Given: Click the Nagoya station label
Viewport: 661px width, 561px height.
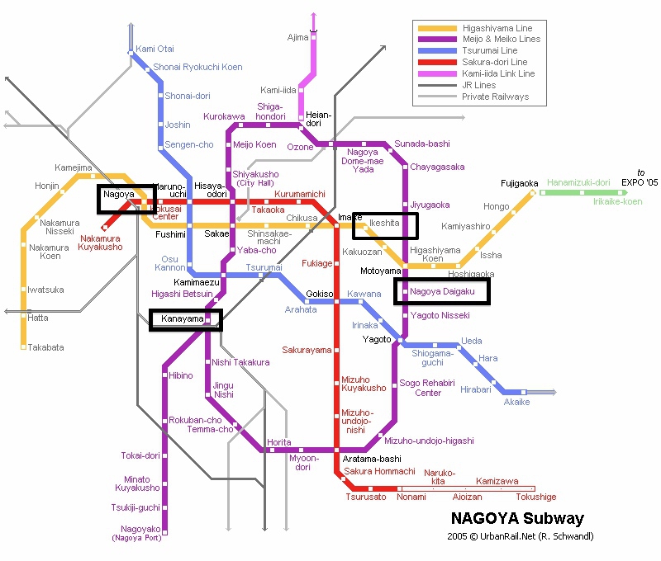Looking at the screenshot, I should (x=119, y=195).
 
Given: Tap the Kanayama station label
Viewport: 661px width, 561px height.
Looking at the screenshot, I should (x=177, y=318).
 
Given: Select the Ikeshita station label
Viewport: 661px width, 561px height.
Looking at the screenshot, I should (x=384, y=223).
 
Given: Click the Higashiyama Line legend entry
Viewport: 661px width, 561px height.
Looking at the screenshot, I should (x=496, y=29).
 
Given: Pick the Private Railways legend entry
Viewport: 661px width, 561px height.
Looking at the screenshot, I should (x=495, y=97).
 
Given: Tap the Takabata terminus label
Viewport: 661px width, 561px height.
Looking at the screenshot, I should (x=45, y=347).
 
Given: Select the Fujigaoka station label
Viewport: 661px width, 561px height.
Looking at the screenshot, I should (x=519, y=183).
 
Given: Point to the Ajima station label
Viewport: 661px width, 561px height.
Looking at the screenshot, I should (x=297, y=37).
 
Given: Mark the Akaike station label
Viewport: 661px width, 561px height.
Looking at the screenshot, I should (x=516, y=402).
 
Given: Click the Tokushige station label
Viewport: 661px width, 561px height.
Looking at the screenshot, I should (x=535, y=497).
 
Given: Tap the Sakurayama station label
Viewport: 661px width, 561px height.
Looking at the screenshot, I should (x=307, y=350).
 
